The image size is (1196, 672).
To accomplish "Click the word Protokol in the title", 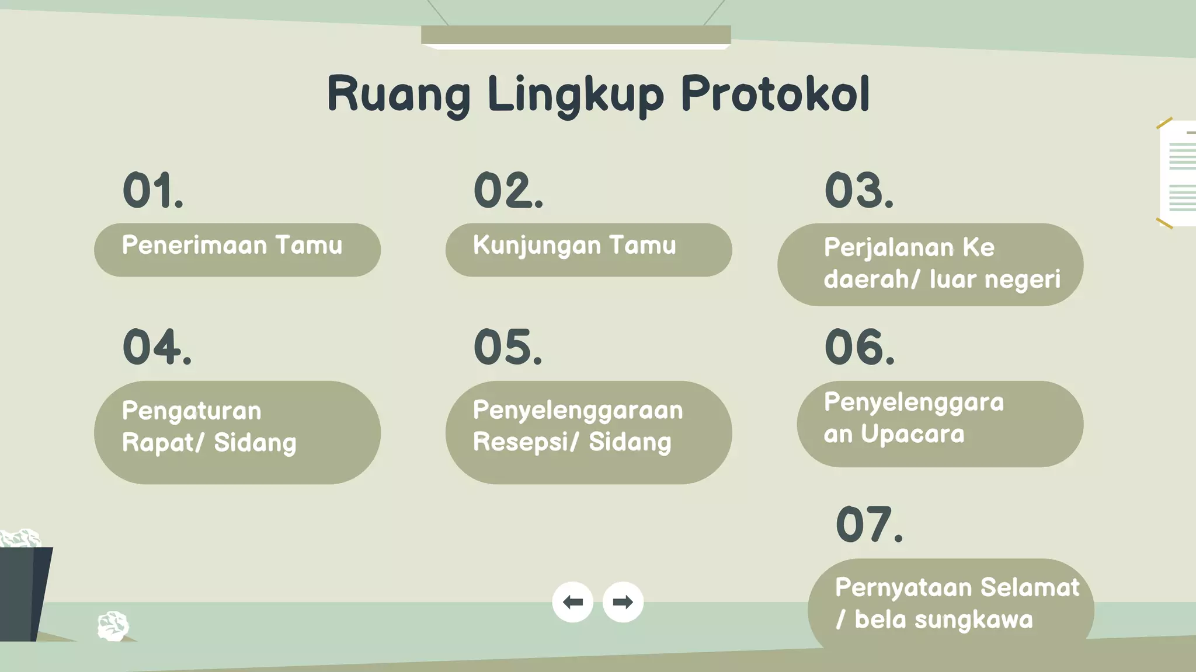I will (x=775, y=94).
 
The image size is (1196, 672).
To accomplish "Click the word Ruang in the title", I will (x=398, y=94).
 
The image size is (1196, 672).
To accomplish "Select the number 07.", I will (x=869, y=524).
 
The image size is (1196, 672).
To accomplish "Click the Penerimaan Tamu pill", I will (x=237, y=250).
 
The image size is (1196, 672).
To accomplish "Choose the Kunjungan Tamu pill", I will (x=588, y=250).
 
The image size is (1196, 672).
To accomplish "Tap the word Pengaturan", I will (x=192, y=411).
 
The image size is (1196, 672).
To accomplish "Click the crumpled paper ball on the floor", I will (x=113, y=626).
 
